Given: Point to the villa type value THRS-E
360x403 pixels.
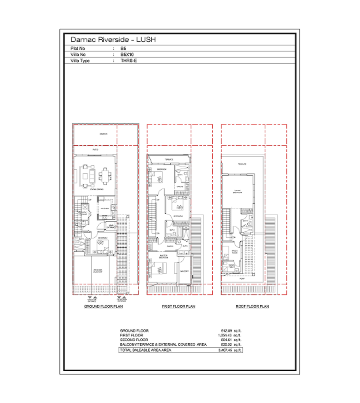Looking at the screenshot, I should click(128, 61).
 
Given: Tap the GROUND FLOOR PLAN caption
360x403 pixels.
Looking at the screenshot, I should click(103, 306).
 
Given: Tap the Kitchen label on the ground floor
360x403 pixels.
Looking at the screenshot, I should click(105, 209).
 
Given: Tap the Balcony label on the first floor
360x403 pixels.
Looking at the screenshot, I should click(184, 270).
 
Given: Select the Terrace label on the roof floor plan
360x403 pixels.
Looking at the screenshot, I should click(242, 164).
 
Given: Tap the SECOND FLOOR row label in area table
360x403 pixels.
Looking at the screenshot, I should click(133, 339).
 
